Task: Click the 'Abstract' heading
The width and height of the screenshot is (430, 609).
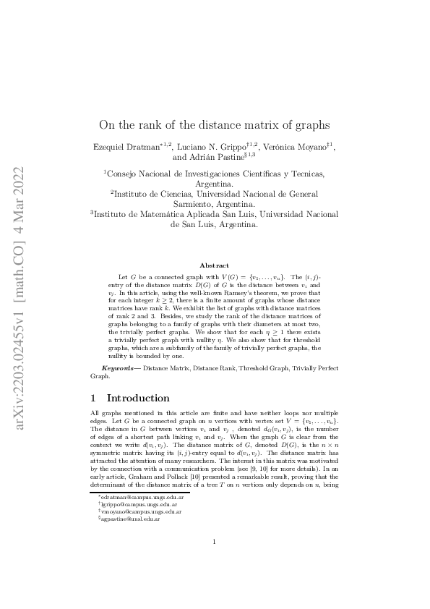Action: coord(215,266)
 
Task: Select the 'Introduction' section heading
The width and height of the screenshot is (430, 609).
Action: coord(137,398)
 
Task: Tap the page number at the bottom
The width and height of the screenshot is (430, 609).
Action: coord(215,562)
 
